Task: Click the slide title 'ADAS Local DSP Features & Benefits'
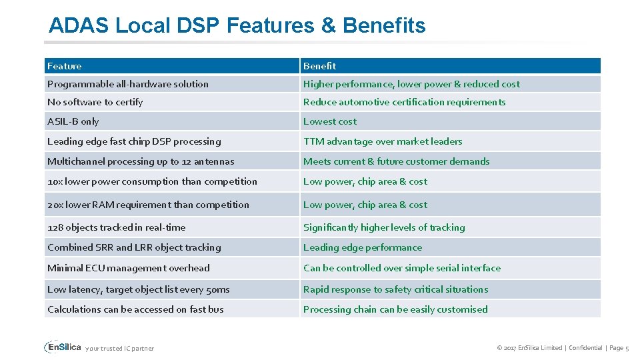pyautogui.click(x=237, y=26)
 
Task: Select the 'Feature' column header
pyautogui.click(x=65, y=66)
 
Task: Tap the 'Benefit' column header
pyautogui.click(x=319, y=66)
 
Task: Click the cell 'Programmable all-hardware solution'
pyautogui.click(x=128, y=84)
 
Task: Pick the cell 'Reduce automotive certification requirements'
pyautogui.click(x=404, y=102)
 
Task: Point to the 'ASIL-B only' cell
pyautogui.click(x=73, y=121)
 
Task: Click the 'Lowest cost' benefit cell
pyautogui.click(x=330, y=121)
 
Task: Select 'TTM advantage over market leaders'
pyautogui.click(x=383, y=141)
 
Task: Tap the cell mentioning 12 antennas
pyautogui.click(x=141, y=161)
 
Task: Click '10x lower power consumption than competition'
pyautogui.click(x=152, y=181)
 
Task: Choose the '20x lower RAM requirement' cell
pyautogui.click(x=148, y=205)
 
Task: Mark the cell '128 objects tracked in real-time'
pyautogui.click(x=117, y=227)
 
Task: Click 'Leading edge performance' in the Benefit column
pyautogui.click(x=363, y=247)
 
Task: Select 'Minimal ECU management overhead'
pyautogui.click(x=129, y=268)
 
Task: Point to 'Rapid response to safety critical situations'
pyautogui.click(x=395, y=289)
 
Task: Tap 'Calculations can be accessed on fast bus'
pyautogui.click(x=135, y=309)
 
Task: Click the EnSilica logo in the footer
pyautogui.click(x=63, y=347)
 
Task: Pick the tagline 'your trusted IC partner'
pyautogui.click(x=119, y=349)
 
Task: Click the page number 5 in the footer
pyautogui.click(x=627, y=348)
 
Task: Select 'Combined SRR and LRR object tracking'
pyautogui.click(x=134, y=247)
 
